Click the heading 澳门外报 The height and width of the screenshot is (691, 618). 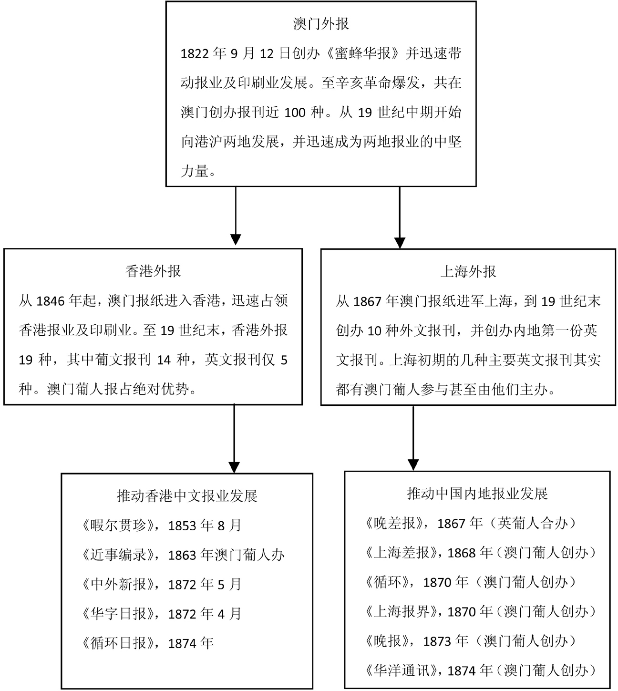[x=321, y=24]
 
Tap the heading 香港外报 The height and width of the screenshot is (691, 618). [x=153, y=271]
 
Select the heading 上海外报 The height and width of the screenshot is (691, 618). [x=468, y=271]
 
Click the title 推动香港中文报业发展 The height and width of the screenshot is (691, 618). [x=187, y=495]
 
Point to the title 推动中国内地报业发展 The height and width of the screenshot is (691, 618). [x=477, y=494]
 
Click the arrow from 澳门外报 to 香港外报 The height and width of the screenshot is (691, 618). [x=236, y=216]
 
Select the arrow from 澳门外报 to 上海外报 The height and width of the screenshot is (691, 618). [x=400, y=217]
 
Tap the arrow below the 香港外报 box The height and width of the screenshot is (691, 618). [x=234, y=439]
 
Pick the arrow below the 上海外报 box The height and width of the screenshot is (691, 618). [x=413, y=438]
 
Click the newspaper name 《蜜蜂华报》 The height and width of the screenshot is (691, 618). [x=362, y=53]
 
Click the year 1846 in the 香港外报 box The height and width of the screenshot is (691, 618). [x=51, y=301]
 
